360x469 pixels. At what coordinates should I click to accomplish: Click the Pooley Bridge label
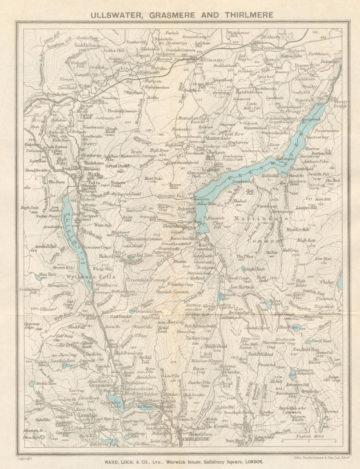coord(340,104)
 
